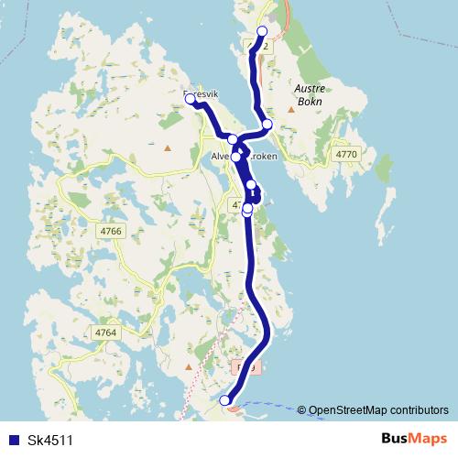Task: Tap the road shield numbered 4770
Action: [346, 155]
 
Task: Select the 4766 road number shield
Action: [110, 232]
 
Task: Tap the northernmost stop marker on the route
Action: [262, 32]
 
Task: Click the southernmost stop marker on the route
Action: [225, 399]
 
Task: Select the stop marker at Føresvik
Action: [191, 99]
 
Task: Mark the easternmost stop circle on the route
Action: [267, 124]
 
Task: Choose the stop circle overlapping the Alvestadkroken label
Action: [236, 157]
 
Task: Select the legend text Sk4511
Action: [49, 440]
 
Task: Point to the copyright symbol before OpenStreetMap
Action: [301, 409]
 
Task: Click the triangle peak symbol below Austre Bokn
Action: [291, 110]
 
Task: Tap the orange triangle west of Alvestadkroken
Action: [167, 147]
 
